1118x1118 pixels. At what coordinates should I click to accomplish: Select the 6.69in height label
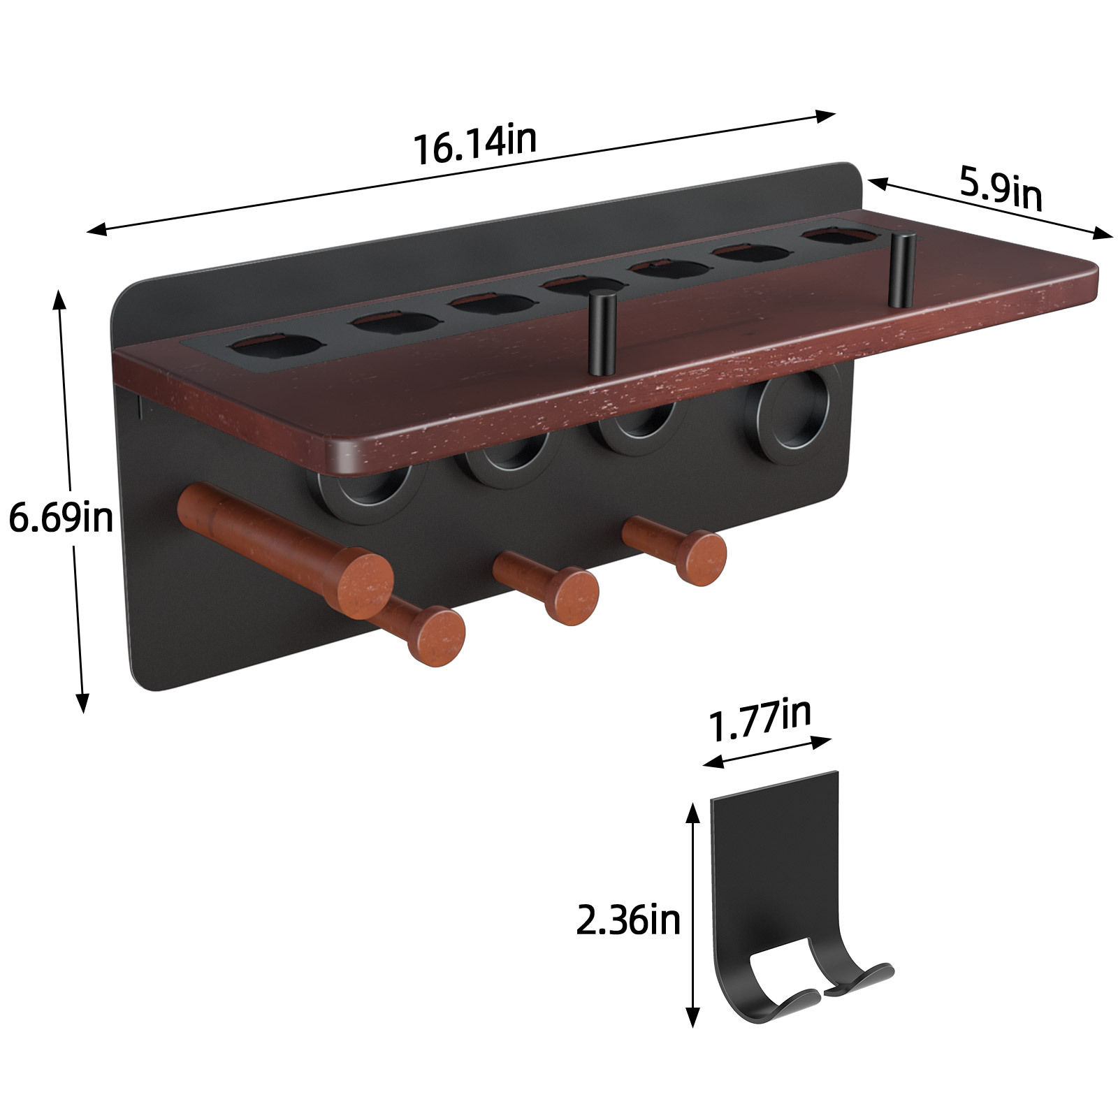[61, 518]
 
